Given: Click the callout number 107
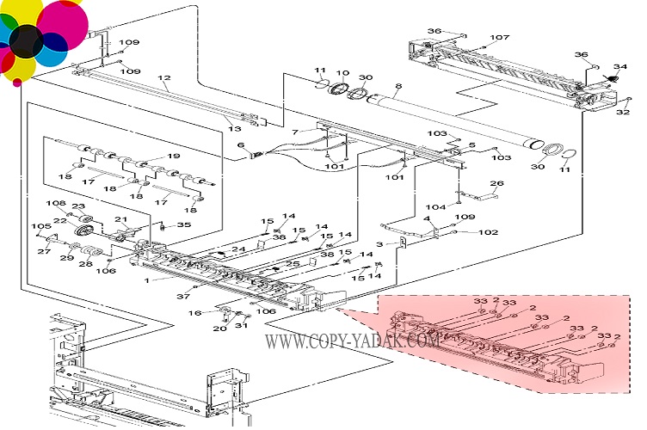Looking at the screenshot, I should coord(500,37).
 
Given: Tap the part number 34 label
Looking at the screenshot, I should coord(619,67).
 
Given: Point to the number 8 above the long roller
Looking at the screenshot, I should coord(398,86).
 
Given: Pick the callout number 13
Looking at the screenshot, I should coord(234,127).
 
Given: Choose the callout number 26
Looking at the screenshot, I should coord(496,183).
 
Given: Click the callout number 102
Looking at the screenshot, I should coord(489,232).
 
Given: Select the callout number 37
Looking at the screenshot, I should coord(182,297).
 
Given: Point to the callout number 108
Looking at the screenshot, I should coord(56,204).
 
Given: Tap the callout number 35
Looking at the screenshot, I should coord(184,225).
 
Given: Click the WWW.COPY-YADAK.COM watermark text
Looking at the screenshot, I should coord(353,341).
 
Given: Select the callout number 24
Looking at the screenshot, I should coord(238,249).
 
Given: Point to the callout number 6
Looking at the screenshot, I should coord(241,145).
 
